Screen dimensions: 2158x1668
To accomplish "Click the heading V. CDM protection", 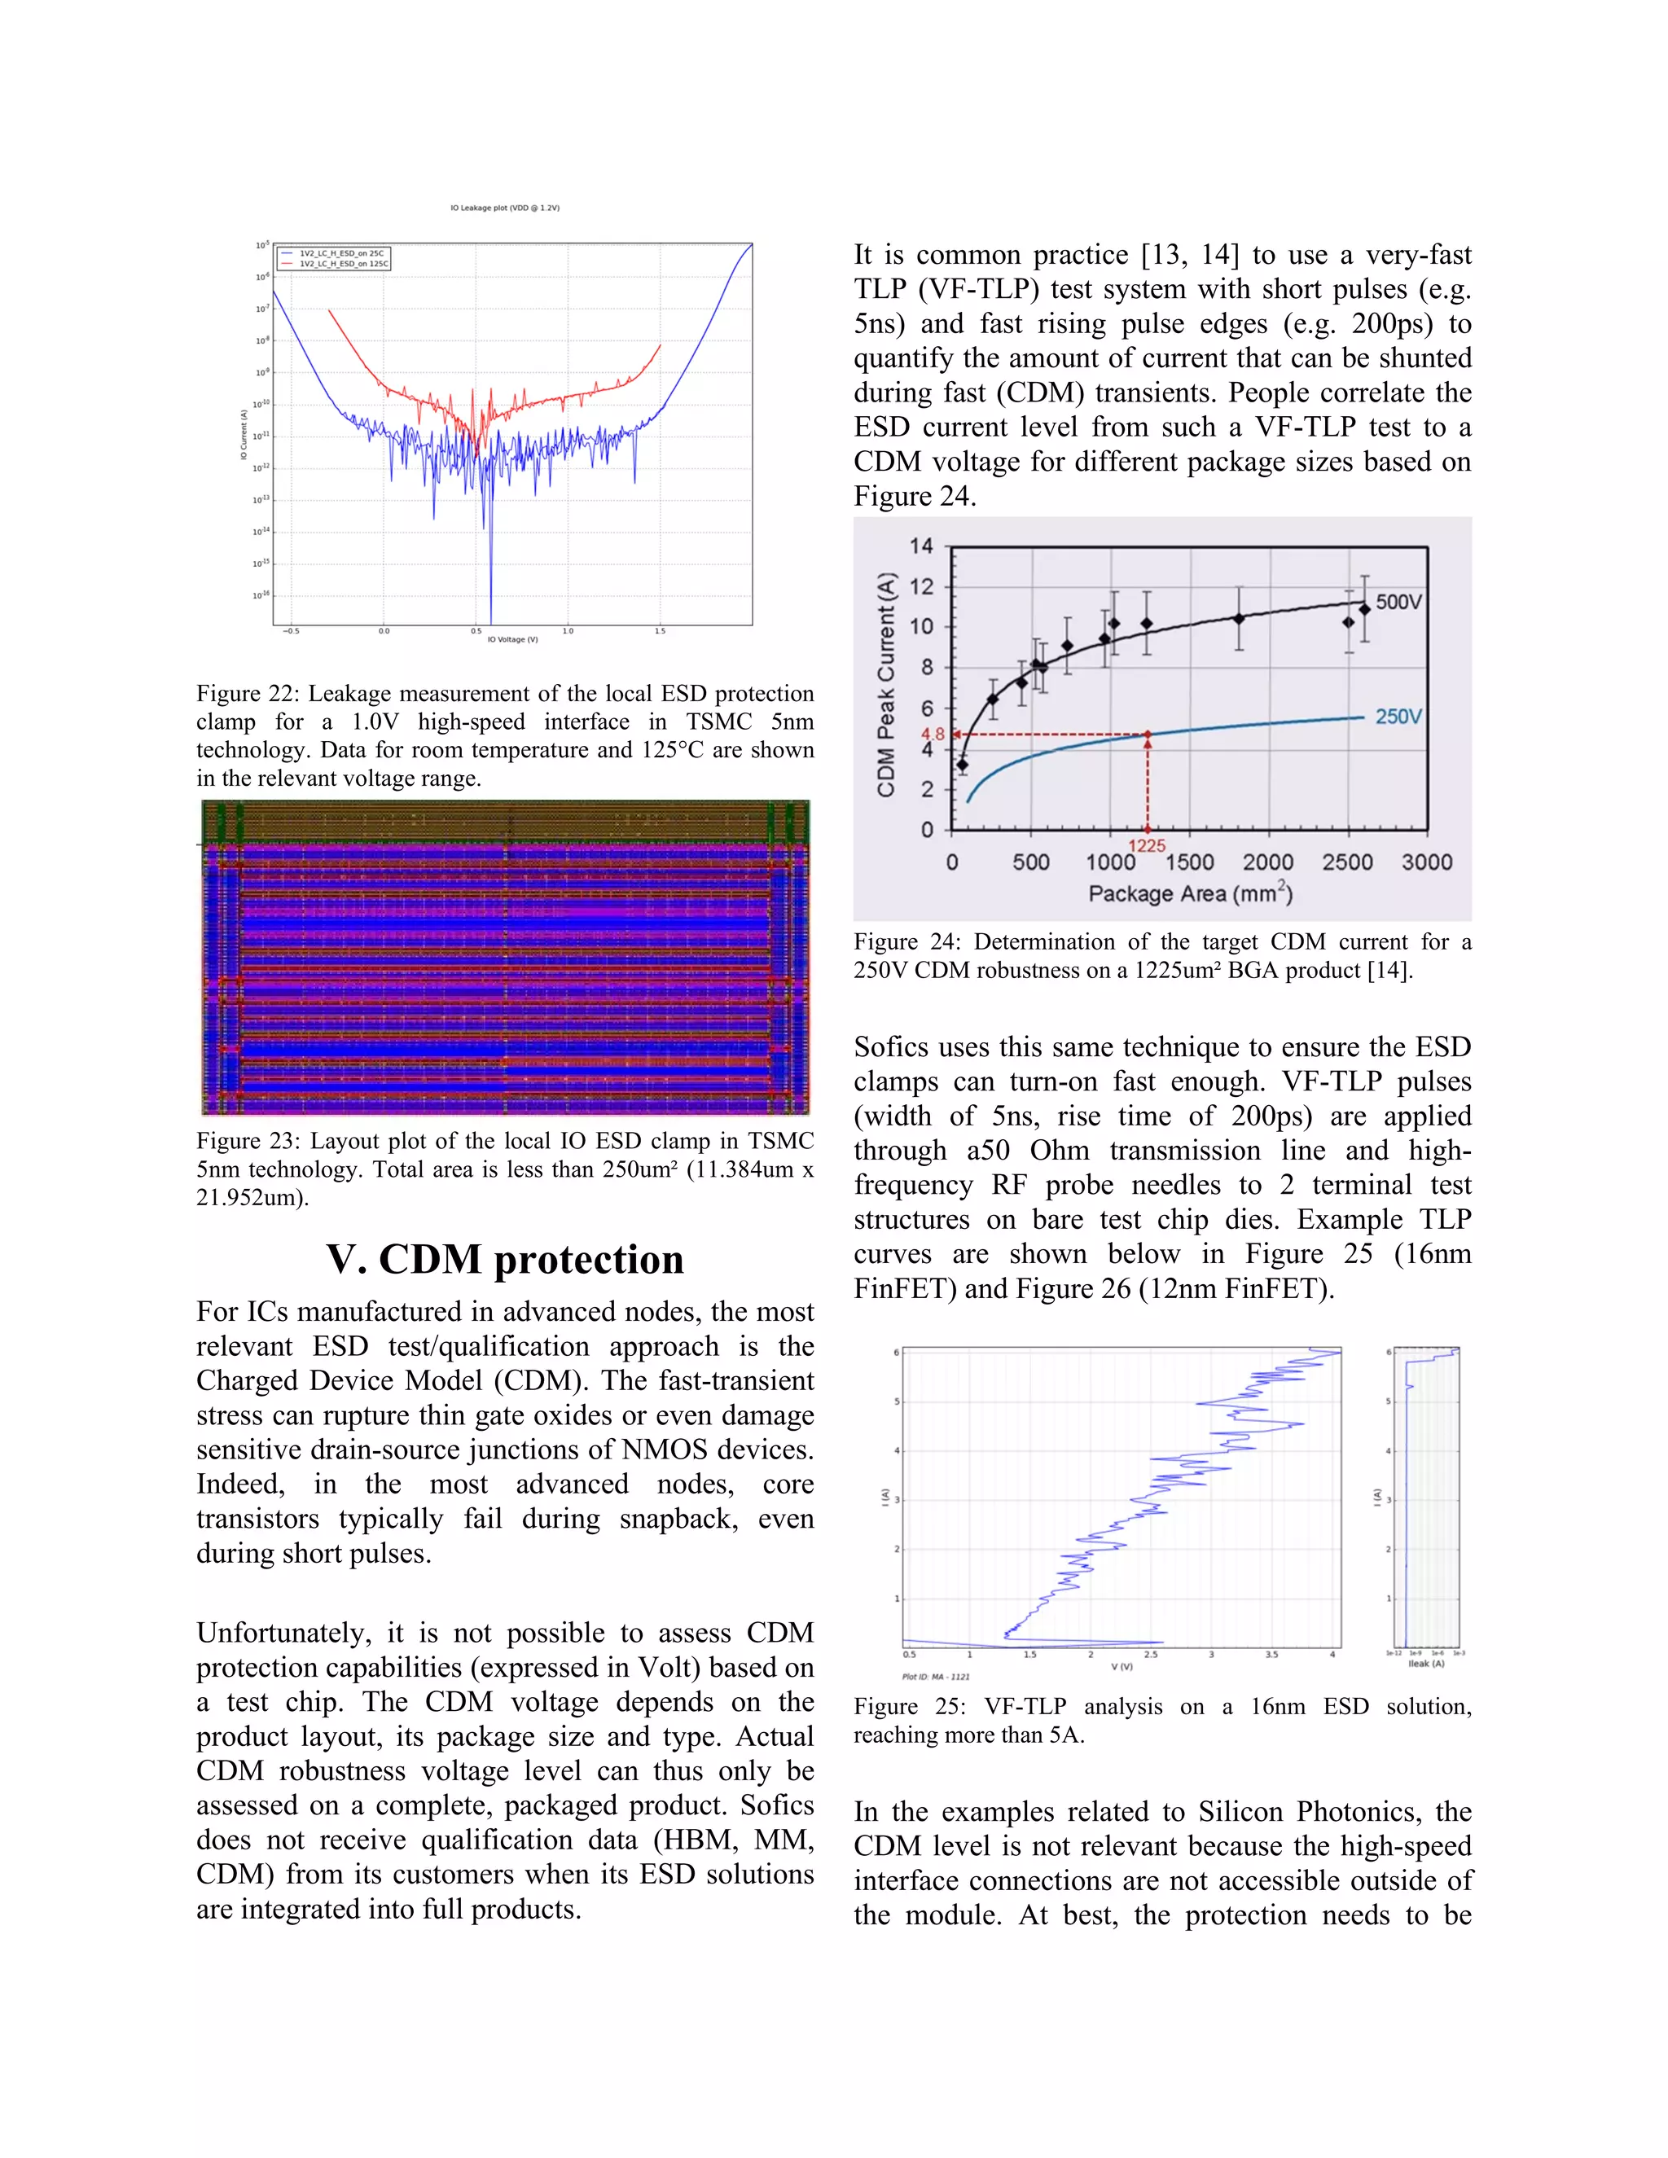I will [505, 1260].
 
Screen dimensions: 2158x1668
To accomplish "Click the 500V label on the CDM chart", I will [1398, 602].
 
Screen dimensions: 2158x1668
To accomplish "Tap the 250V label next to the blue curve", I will [1398, 717].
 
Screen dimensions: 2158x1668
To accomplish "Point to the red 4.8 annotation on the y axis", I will [933, 735].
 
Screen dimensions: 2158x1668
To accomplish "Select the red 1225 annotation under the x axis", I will [1148, 846].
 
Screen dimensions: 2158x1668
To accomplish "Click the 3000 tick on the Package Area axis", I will [1426, 862].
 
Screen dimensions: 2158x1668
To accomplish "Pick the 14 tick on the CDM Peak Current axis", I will [921, 546].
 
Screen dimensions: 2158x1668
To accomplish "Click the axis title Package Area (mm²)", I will [1190, 893].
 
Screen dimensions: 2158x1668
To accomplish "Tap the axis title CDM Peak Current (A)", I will [886, 685].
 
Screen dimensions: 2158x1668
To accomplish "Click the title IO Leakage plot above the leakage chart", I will [505, 208].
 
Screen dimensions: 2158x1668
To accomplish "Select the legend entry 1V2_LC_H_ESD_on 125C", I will [343, 264].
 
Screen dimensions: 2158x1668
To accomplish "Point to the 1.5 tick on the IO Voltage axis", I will [660, 630].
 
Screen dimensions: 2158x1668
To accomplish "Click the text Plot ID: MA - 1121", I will [936, 1677].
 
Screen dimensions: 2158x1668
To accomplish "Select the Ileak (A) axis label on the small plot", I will [1426, 1664].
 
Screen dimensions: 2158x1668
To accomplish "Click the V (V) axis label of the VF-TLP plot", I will [1122, 1666].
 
